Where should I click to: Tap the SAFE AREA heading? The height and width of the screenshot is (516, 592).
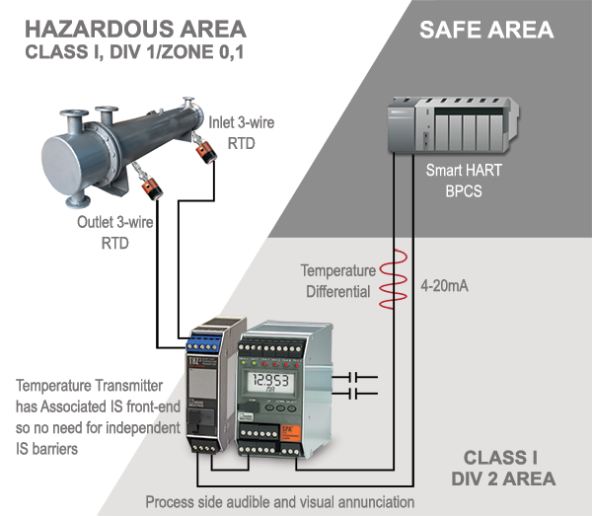[486, 30]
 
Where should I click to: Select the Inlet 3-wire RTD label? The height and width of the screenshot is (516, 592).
[241, 131]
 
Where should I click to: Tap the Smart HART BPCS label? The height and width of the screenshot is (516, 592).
[463, 180]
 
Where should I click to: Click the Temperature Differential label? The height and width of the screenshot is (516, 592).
[338, 280]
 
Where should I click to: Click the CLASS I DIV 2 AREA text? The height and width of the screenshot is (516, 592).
[507, 469]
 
